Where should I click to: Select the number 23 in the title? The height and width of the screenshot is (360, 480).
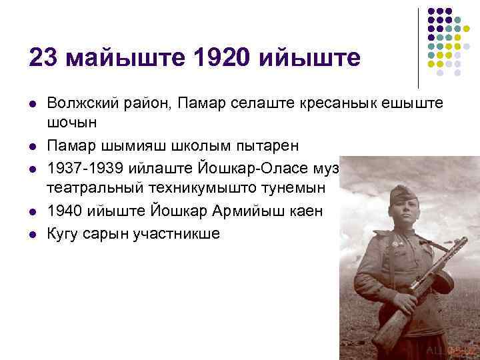click(42, 57)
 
